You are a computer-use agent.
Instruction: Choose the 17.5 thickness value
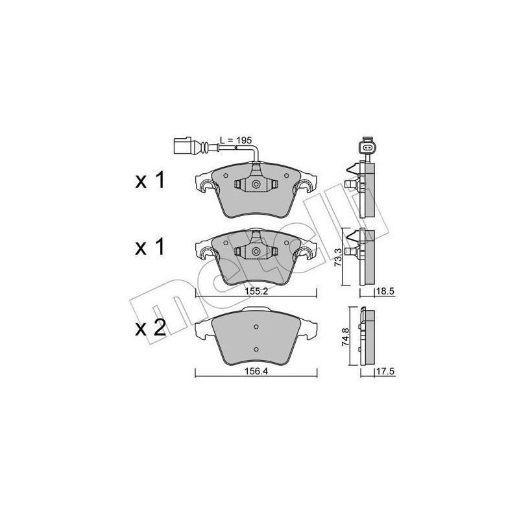[385, 372]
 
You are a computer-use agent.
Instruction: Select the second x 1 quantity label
[151, 248]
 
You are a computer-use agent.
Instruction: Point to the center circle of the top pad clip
[256, 186]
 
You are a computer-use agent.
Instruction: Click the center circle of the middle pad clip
[256, 252]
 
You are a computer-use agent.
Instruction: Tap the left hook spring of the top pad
[206, 187]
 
